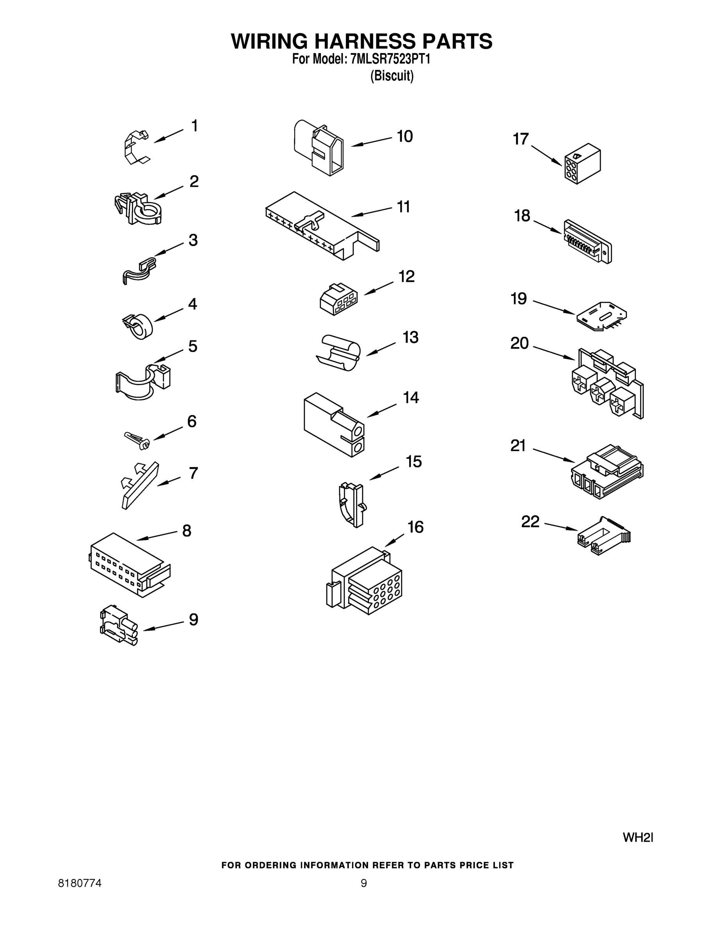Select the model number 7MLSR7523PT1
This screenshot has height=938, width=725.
pos(390,59)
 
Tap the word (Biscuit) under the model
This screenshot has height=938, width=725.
pos(392,76)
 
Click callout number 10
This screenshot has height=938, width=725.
pos(405,136)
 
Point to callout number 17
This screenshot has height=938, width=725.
pos(521,139)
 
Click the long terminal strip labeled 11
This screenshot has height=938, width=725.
pos(322,225)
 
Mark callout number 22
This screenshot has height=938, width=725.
pos(530,521)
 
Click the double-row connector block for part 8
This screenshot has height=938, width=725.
pos(129,564)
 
